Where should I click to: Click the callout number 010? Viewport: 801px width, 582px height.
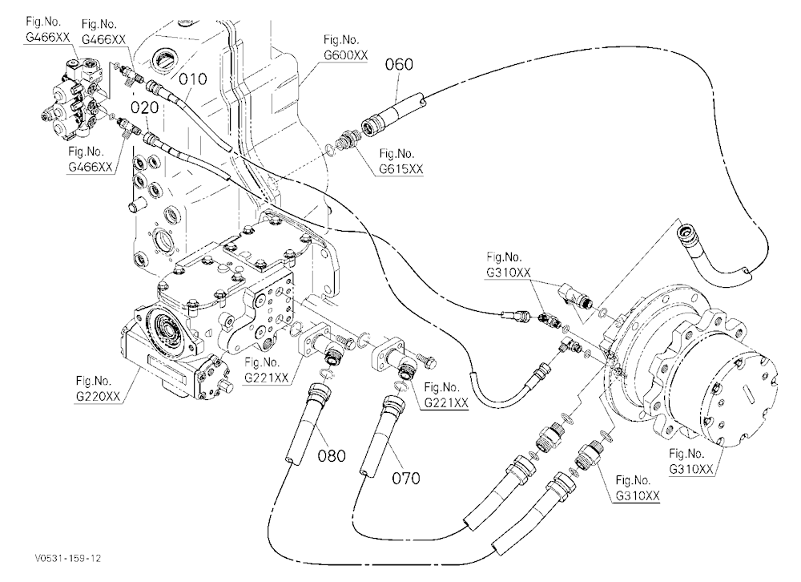pyautogui.click(x=192, y=79)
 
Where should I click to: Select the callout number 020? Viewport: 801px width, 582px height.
pyautogui.click(x=144, y=107)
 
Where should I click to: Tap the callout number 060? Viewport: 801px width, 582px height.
pyautogui.click(x=399, y=64)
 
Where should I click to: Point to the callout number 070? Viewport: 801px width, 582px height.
pyautogui.click(x=406, y=479)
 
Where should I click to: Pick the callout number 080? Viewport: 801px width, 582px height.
pyautogui.click(x=332, y=455)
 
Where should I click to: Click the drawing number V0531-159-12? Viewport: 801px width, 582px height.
pyautogui.click(x=67, y=557)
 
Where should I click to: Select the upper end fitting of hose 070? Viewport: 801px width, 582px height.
pyautogui.click(x=393, y=406)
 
